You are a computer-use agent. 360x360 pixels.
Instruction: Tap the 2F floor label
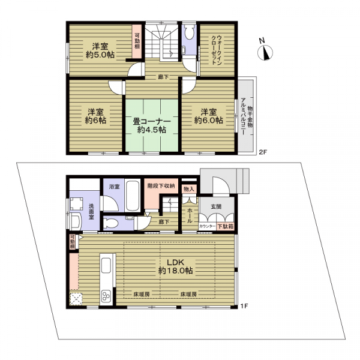[263, 152]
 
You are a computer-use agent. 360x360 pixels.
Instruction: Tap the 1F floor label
[244, 306]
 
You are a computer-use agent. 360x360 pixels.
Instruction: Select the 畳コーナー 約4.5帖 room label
[152, 125]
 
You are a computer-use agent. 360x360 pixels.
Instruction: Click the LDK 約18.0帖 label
[175, 266]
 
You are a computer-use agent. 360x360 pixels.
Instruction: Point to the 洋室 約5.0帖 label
[100, 50]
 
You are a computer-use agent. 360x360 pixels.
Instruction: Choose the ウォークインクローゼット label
[217, 50]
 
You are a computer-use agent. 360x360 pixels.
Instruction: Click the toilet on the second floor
[190, 33]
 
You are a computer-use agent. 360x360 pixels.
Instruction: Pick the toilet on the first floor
[110, 223]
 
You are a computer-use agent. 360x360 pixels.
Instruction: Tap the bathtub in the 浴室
[133, 196]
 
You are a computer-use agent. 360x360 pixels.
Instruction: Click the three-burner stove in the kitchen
[106, 296]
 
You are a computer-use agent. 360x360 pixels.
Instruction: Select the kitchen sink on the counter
[106, 265]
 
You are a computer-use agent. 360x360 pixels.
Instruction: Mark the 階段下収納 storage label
[161, 186]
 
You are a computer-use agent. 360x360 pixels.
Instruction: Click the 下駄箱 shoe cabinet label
[225, 226]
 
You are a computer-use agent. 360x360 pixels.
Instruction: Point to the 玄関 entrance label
[216, 206]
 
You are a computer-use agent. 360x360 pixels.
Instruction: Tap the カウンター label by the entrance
[208, 226]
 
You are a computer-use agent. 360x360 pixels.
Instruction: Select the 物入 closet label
[189, 189]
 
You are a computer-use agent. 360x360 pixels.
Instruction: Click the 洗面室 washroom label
[91, 211]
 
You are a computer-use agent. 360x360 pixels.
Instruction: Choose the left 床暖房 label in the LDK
[142, 294]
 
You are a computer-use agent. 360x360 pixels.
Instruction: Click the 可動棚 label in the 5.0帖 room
[137, 41]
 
